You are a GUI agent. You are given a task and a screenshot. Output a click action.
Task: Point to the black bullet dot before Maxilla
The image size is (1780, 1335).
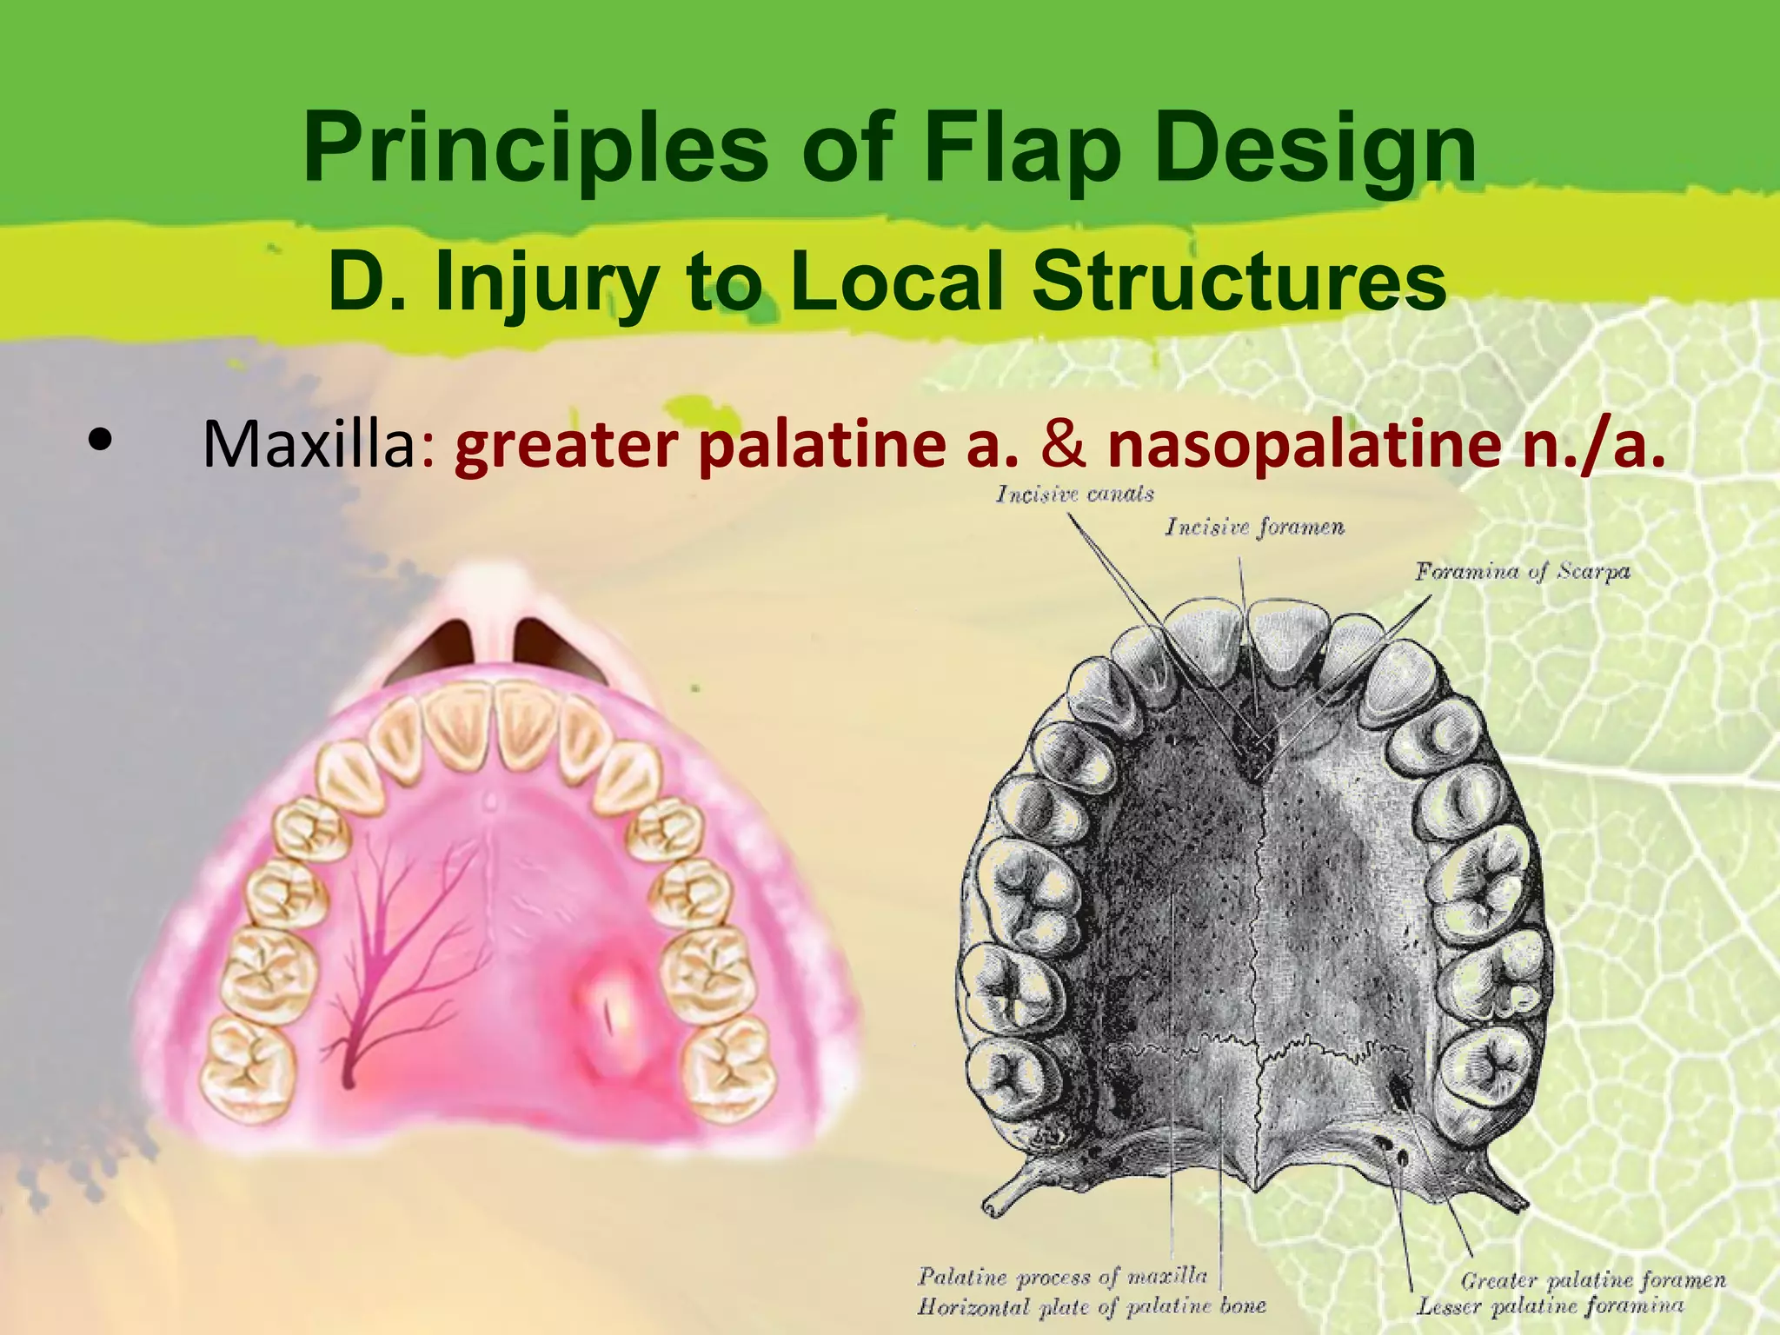tap(101, 440)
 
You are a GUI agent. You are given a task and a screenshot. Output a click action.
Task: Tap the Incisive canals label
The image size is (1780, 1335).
tap(1074, 495)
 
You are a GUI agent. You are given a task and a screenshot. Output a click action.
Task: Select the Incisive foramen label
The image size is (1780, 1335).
tap(1254, 527)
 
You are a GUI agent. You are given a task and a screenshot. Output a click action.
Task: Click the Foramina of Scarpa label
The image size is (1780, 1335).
tap(1522, 571)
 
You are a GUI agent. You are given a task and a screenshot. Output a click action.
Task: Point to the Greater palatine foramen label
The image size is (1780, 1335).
tap(1593, 1279)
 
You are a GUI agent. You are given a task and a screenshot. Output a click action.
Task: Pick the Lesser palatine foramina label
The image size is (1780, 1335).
tap(1550, 1305)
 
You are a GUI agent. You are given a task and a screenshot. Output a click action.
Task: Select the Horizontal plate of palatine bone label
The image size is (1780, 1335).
tap(1091, 1306)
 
